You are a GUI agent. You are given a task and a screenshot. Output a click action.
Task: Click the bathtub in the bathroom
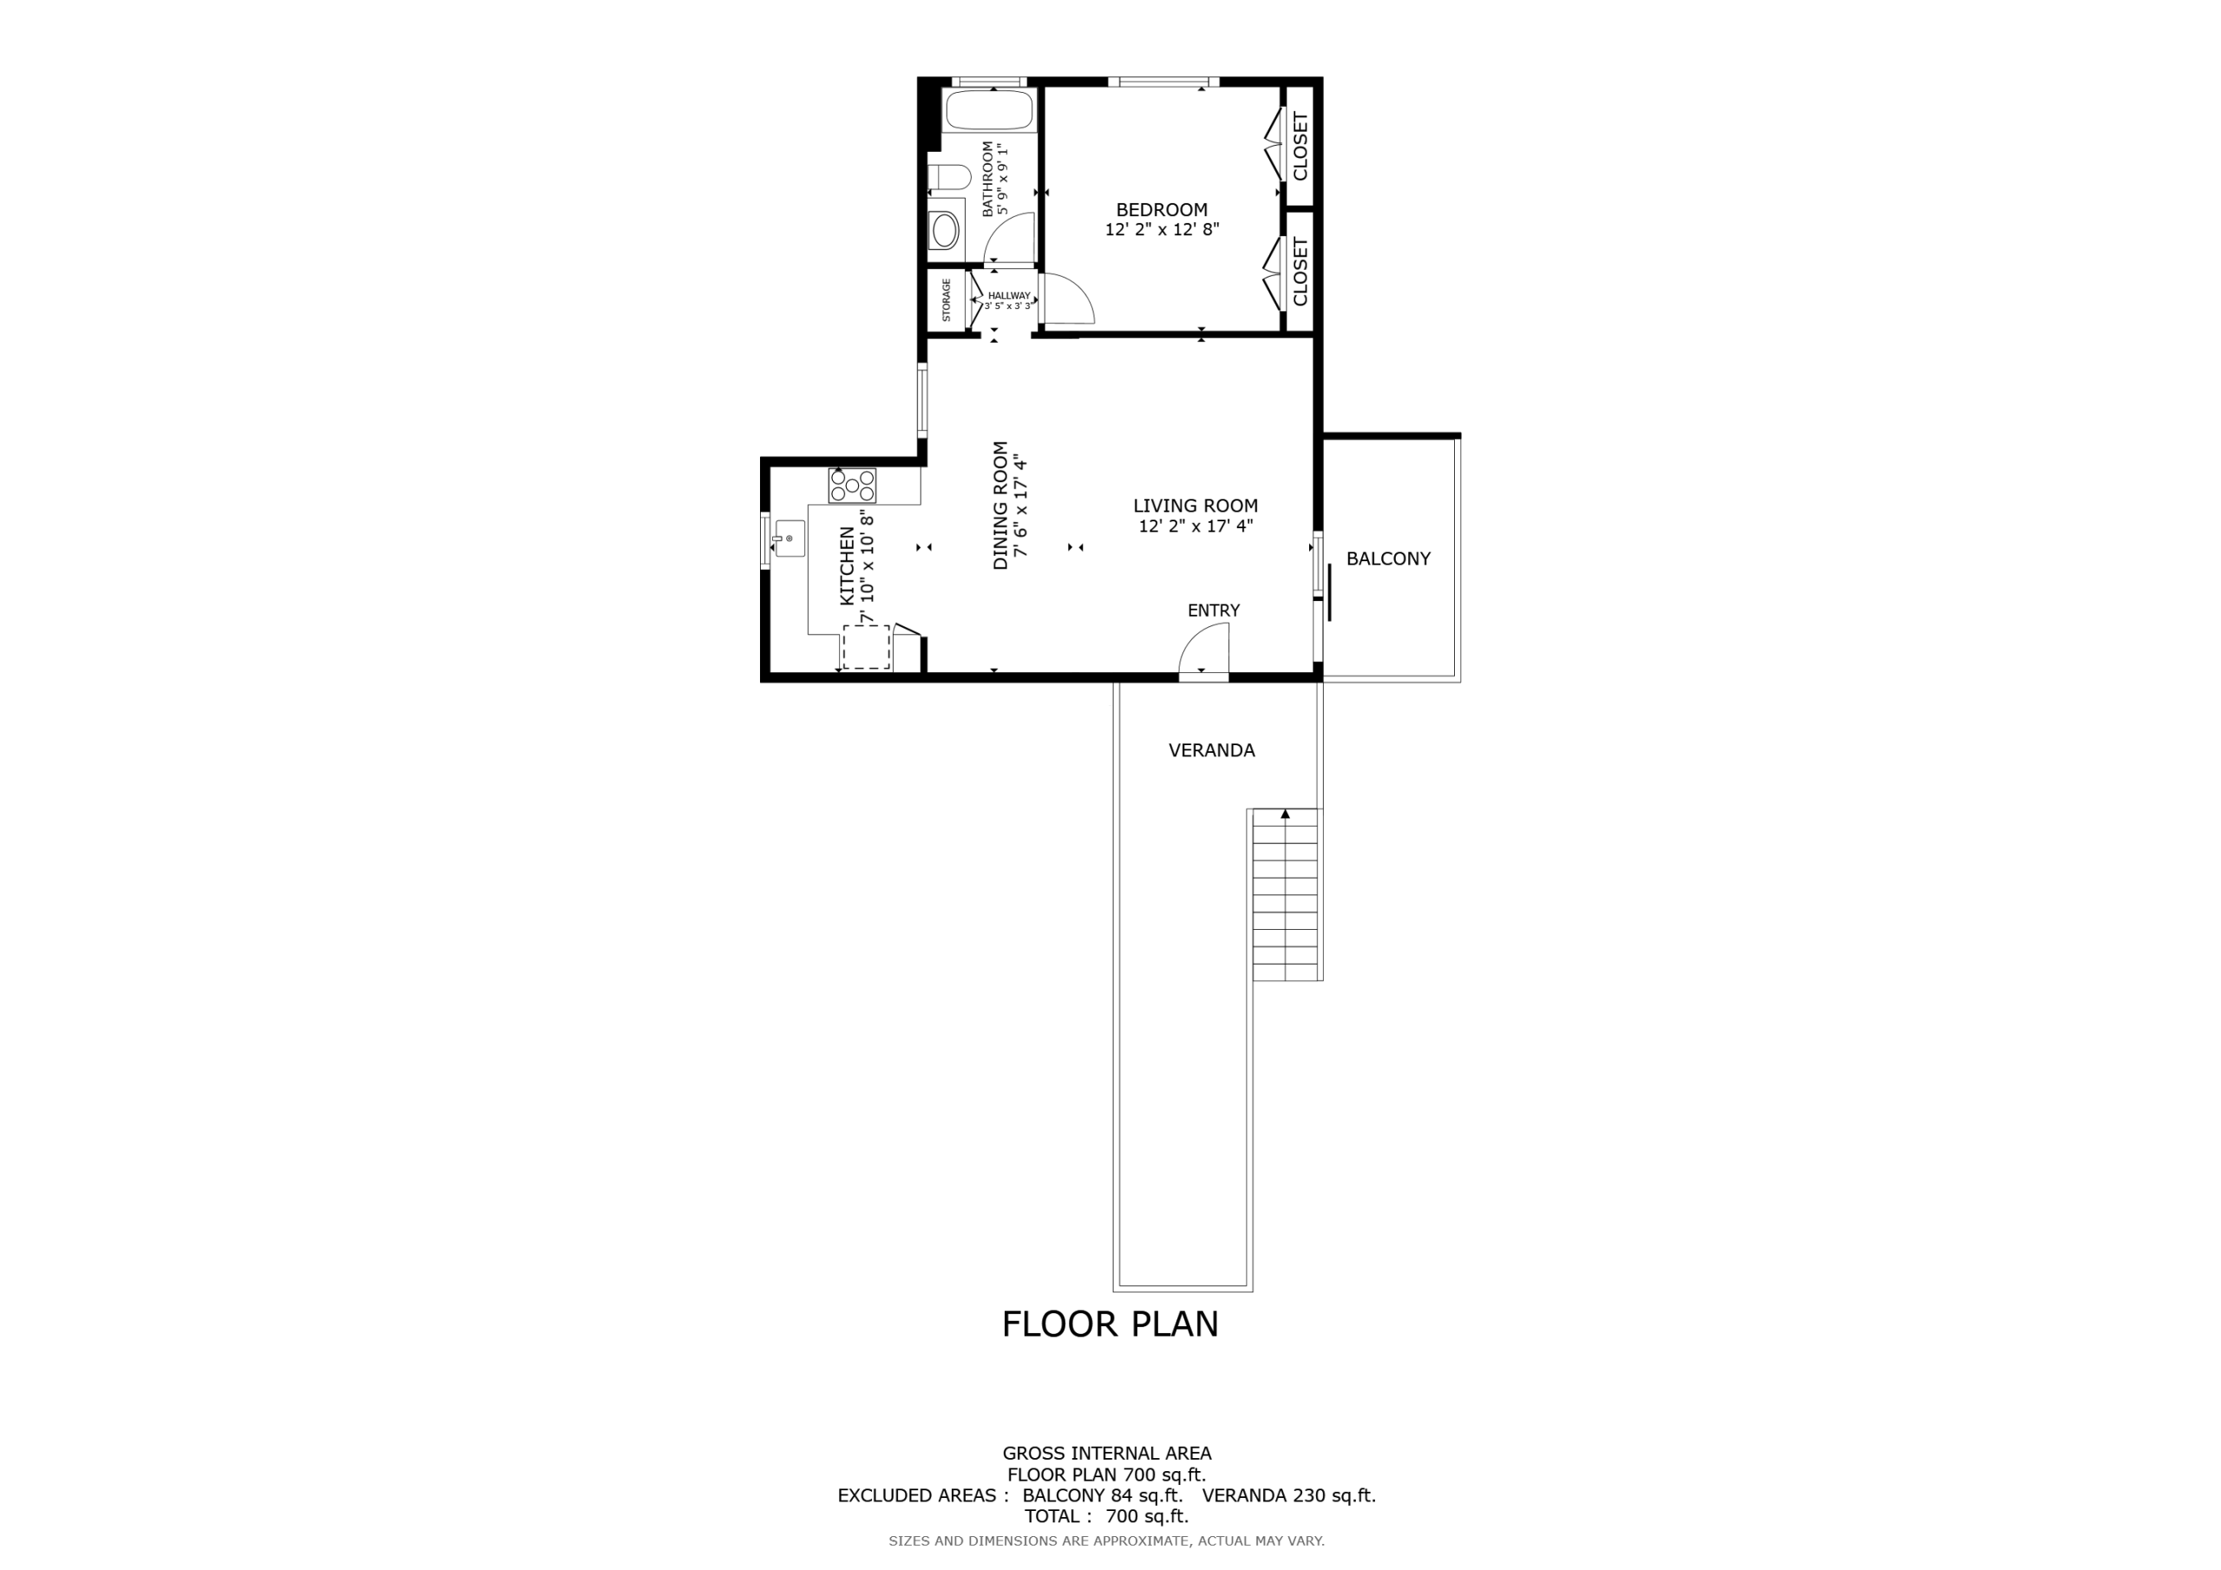[x=990, y=109]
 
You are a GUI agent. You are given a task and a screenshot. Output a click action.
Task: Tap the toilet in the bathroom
[x=949, y=178]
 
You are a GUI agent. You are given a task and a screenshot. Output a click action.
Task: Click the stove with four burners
[x=852, y=486]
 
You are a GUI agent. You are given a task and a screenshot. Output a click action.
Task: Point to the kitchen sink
[x=789, y=538]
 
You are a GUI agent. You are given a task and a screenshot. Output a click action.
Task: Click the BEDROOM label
[x=1162, y=210]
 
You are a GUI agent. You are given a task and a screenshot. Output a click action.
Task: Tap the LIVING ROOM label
[x=1196, y=506]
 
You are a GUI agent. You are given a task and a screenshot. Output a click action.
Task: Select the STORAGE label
[x=946, y=300]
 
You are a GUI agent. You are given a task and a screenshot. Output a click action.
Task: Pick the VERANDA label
[x=1212, y=749]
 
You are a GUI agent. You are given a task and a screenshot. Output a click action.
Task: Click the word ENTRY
[x=1214, y=611]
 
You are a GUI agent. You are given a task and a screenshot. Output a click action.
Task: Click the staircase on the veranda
[x=1286, y=895]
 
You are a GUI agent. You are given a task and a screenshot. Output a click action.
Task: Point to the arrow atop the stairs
[x=1286, y=814]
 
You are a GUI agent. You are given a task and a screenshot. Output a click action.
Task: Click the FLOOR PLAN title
[x=1110, y=1325]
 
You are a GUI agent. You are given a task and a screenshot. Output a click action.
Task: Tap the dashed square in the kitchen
[x=866, y=647]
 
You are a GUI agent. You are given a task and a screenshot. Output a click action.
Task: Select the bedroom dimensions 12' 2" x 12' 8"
[x=1162, y=230]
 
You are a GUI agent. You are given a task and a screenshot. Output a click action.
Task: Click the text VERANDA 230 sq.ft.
[x=1288, y=1495]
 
